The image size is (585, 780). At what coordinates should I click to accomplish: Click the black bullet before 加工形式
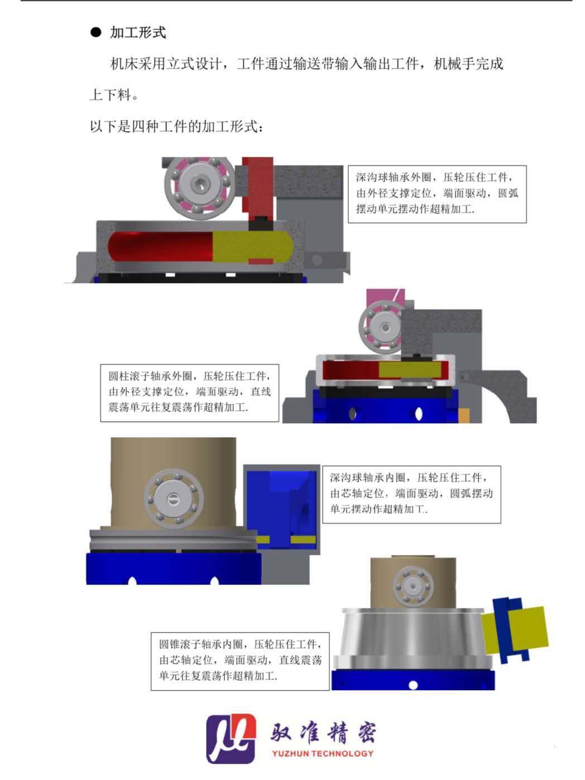tap(95, 32)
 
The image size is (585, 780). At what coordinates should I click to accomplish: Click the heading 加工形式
tap(138, 32)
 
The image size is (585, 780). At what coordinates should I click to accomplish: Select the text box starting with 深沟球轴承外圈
tap(437, 194)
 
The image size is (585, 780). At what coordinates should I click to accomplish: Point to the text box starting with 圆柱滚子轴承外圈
tap(190, 393)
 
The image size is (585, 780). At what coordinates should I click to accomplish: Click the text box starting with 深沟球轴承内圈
tap(411, 494)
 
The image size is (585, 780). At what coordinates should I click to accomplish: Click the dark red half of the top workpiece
tap(161, 247)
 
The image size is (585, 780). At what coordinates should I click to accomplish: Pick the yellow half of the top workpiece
tap(252, 247)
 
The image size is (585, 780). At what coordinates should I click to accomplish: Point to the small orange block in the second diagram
tap(464, 415)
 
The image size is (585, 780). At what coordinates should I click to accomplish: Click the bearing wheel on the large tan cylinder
tap(174, 499)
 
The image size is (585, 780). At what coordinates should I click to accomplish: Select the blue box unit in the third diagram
tap(282, 509)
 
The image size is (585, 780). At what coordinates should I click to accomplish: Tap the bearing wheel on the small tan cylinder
tap(413, 587)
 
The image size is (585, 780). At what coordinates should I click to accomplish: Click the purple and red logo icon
tap(231, 739)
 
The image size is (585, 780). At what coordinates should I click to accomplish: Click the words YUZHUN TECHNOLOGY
tap(323, 753)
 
